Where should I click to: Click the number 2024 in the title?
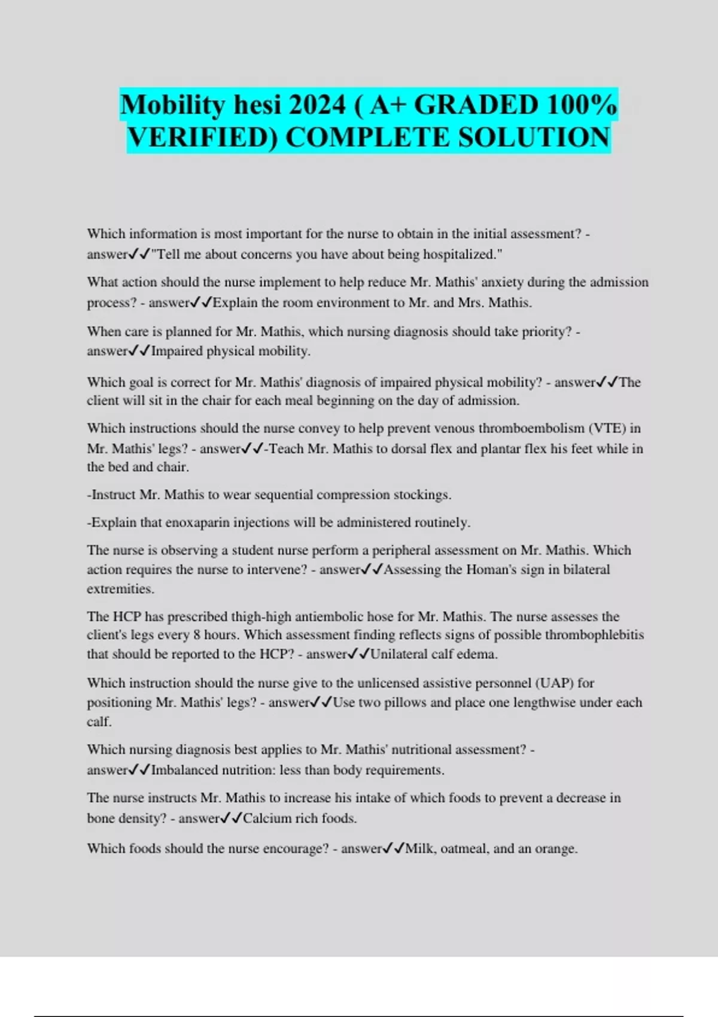317,105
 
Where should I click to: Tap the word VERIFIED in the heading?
203,138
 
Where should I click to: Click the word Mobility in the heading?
172,105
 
